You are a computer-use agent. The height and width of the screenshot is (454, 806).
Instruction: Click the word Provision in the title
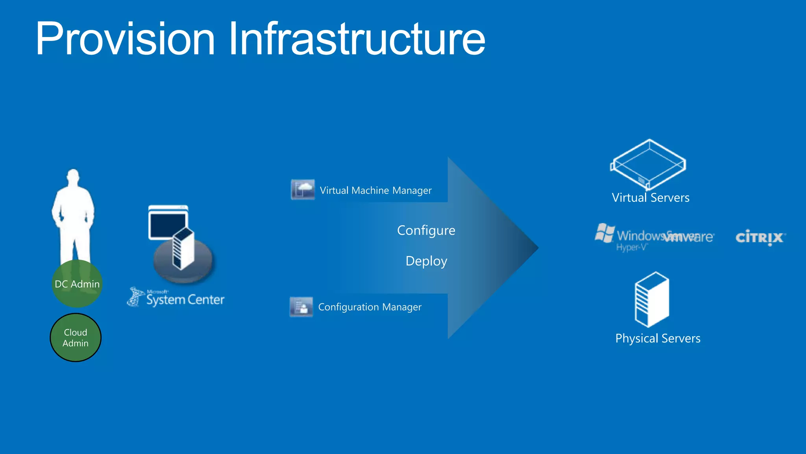pyautogui.click(x=125, y=39)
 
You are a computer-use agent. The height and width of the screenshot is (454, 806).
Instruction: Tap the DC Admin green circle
pyautogui.click(x=77, y=284)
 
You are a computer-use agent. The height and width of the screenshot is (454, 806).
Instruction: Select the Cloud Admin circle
pyautogui.click(x=76, y=338)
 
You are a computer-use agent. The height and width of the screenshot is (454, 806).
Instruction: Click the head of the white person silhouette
pyautogui.click(x=73, y=177)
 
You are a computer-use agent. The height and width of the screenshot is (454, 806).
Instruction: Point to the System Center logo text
pyautogui.click(x=185, y=300)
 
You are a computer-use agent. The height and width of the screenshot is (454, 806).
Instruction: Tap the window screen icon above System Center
pyautogui.click(x=167, y=223)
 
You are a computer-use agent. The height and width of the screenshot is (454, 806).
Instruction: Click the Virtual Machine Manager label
pyautogui.click(x=375, y=191)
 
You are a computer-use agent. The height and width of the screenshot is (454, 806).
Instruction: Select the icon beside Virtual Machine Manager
pyautogui.click(x=303, y=190)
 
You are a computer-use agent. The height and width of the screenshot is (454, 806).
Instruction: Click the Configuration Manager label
pyautogui.click(x=370, y=307)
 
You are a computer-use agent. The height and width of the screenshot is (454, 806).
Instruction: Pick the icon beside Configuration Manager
pyautogui.click(x=301, y=307)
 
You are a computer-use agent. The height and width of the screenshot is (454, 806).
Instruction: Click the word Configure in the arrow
pyautogui.click(x=426, y=231)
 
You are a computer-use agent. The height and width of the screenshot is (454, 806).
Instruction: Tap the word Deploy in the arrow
pyautogui.click(x=426, y=261)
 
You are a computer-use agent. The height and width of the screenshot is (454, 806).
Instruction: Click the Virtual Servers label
pyautogui.click(x=651, y=198)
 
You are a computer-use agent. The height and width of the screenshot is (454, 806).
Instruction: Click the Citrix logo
pyautogui.click(x=760, y=238)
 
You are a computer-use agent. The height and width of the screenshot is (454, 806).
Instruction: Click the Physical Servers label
pyautogui.click(x=658, y=339)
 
